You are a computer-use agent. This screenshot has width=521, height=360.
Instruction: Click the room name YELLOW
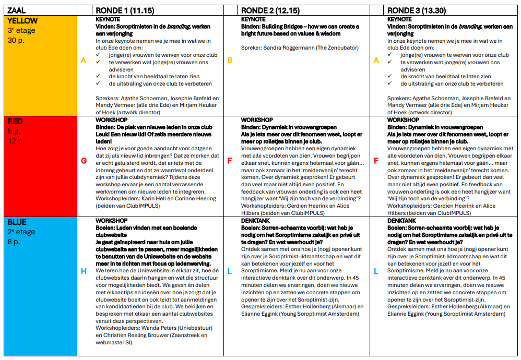[x=23, y=21]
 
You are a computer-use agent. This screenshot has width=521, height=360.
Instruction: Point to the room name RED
[x=16, y=122]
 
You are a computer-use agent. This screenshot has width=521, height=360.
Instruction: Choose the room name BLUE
[x=17, y=222]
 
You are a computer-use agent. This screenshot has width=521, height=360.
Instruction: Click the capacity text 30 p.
[x=16, y=40]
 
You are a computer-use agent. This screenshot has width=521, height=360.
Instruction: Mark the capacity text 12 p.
[x=16, y=141]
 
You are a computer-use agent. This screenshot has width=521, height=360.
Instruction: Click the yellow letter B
[x=230, y=60]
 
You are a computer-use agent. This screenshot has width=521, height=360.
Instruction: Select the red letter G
[x=84, y=161]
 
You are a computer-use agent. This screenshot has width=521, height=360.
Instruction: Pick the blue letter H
[x=84, y=271]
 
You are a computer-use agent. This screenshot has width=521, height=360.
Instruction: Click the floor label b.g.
[x=14, y=131]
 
